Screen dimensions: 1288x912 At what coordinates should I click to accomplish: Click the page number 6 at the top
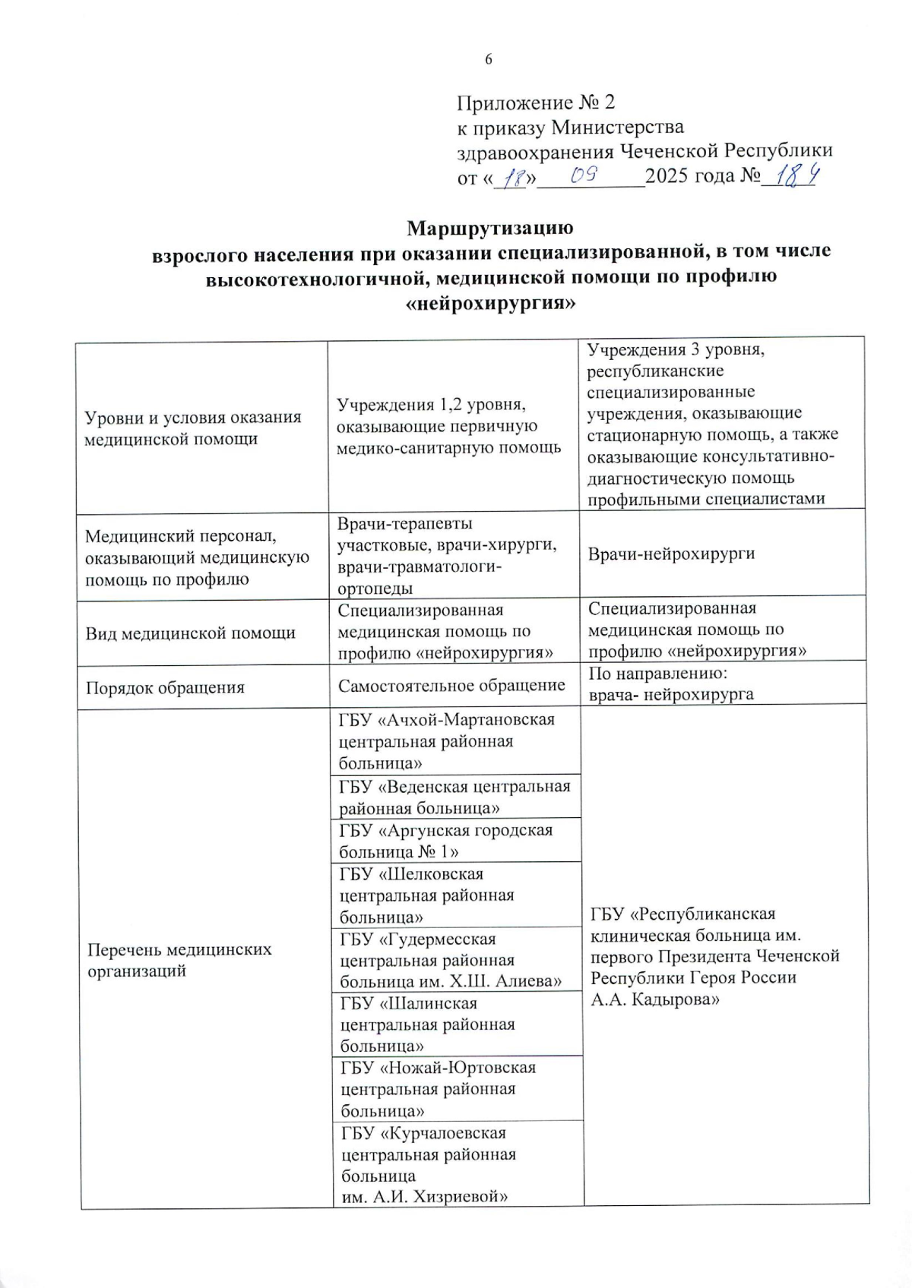(x=489, y=60)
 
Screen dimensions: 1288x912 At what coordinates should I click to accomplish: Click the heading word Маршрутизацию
(x=489, y=228)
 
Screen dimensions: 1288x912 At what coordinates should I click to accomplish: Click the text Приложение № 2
(x=536, y=103)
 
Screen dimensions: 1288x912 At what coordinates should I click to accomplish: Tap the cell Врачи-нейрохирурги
(x=671, y=554)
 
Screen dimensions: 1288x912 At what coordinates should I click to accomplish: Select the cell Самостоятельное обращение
(x=451, y=686)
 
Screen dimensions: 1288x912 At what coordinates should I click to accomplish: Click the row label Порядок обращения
(x=164, y=688)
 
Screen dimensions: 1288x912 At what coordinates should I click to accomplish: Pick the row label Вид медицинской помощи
(x=190, y=633)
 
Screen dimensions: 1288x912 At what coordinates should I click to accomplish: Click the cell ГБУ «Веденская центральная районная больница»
(x=454, y=797)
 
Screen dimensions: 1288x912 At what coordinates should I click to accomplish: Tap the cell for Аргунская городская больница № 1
(x=446, y=840)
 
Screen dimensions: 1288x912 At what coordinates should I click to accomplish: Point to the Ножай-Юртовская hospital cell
(x=439, y=1089)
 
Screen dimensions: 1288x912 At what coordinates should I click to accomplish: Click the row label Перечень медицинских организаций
(x=179, y=960)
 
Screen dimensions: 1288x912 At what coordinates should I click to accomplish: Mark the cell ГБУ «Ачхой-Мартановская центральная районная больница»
(x=447, y=740)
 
